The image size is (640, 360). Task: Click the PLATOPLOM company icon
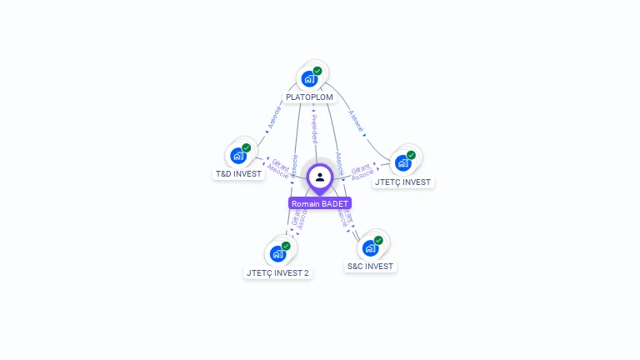[x=310, y=79]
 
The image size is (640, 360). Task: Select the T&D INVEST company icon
[x=239, y=156]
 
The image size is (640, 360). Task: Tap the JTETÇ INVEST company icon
[x=403, y=162]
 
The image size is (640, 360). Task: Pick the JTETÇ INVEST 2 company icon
[x=278, y=254]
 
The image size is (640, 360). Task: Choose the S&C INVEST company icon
[x=371, y=248]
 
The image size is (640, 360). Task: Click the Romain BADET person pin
[x=320, y=177]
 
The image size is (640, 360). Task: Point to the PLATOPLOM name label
[x=309, y=97]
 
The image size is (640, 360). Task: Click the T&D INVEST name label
[x=238, y=174]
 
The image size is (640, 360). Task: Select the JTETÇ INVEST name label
[x=403, y=182]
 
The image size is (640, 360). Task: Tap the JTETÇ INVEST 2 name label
[x=278, y=272]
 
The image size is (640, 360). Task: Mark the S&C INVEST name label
[x=371, y=267]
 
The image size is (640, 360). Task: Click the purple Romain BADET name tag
[x=320, y=203]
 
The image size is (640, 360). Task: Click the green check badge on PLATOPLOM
[x=317, y=71]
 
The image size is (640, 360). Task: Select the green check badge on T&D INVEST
[x=247, y=147]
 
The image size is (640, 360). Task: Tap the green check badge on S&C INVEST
[x=378, y=240]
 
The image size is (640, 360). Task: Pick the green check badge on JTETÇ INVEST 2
[x=286, y=246]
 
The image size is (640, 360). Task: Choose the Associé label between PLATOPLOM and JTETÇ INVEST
[x=356, y=122]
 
